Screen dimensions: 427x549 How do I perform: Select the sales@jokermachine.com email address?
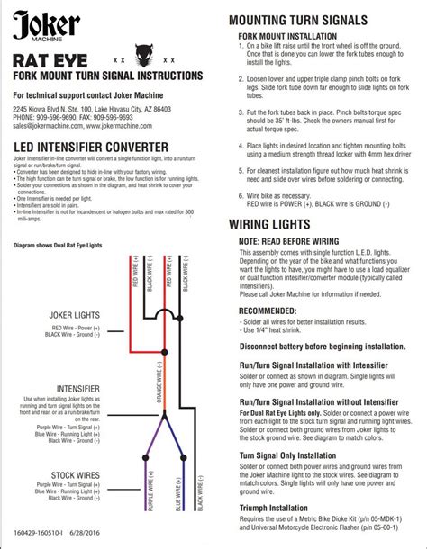43,127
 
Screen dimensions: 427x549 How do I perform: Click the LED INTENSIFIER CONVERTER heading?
90,147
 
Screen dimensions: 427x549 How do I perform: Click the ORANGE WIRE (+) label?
161,379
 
